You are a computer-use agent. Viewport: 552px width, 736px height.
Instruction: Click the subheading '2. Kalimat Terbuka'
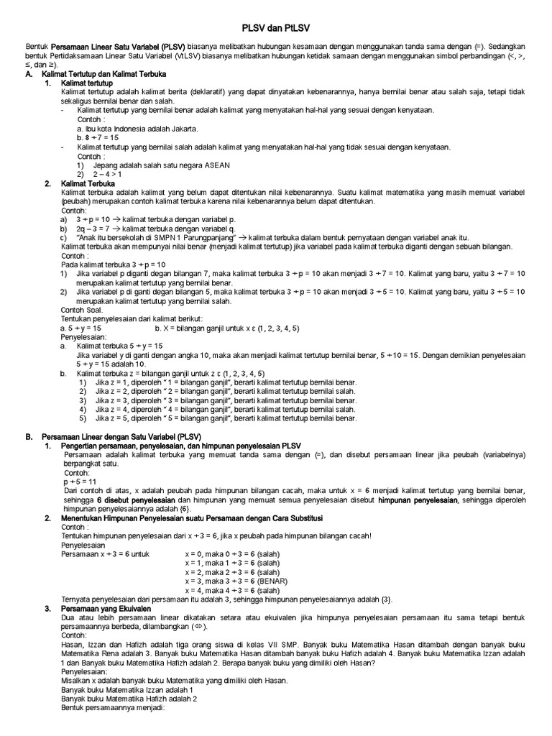pos(79,183)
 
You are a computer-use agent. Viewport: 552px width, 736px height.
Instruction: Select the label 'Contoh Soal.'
pos(81,309)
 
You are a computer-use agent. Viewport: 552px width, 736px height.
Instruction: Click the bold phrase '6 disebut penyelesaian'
pos(136,500)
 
